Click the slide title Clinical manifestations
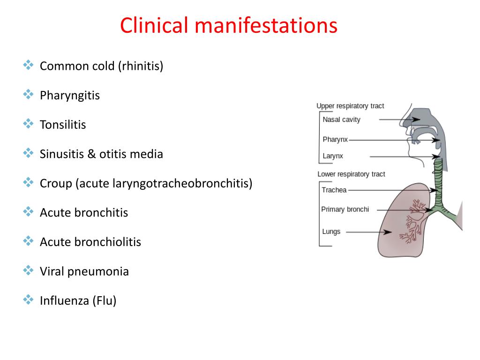pos(229,25)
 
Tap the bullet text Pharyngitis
pos(70,96)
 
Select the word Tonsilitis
pos(63,125)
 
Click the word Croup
pos(55,183)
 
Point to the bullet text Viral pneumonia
pos(84,271)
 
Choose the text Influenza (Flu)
pos(78,300)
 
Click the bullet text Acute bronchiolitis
pos(90,242)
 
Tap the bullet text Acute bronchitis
pos(84,213)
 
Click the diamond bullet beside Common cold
pos(28,65)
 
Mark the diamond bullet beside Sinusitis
pos(28,153)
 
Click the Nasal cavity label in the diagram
pos(341,120)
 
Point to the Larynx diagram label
pos(333,156)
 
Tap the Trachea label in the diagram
pos(334,190)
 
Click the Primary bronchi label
pos(345,209)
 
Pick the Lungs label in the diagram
pos(331,232)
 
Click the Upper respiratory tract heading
pos(350,106)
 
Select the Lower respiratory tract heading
pos(351,174)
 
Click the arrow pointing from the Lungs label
pos(370,232)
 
